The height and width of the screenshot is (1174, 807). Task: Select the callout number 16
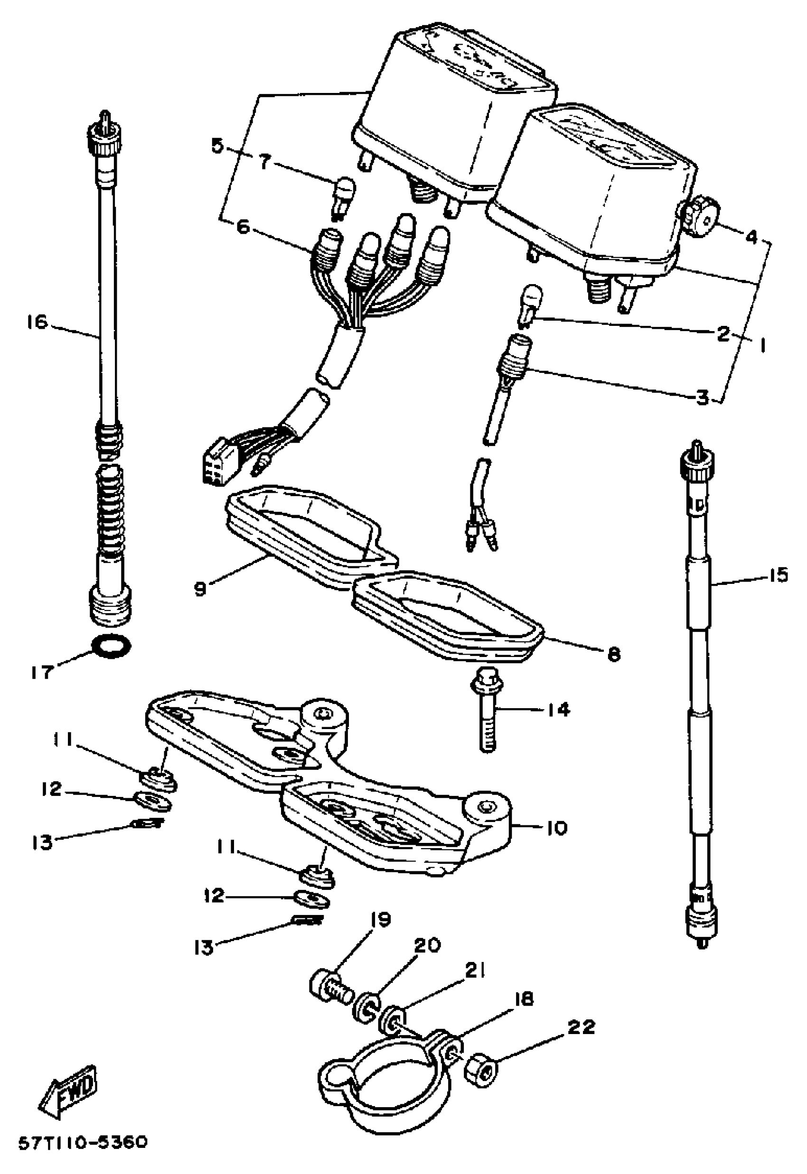pos(38,322)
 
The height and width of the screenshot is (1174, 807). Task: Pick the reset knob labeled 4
pos(701,215)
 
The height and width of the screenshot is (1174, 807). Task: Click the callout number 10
pos(557,828)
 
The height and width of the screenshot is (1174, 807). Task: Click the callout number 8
pos(613,655)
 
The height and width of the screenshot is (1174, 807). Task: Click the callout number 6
pos(243,227)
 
